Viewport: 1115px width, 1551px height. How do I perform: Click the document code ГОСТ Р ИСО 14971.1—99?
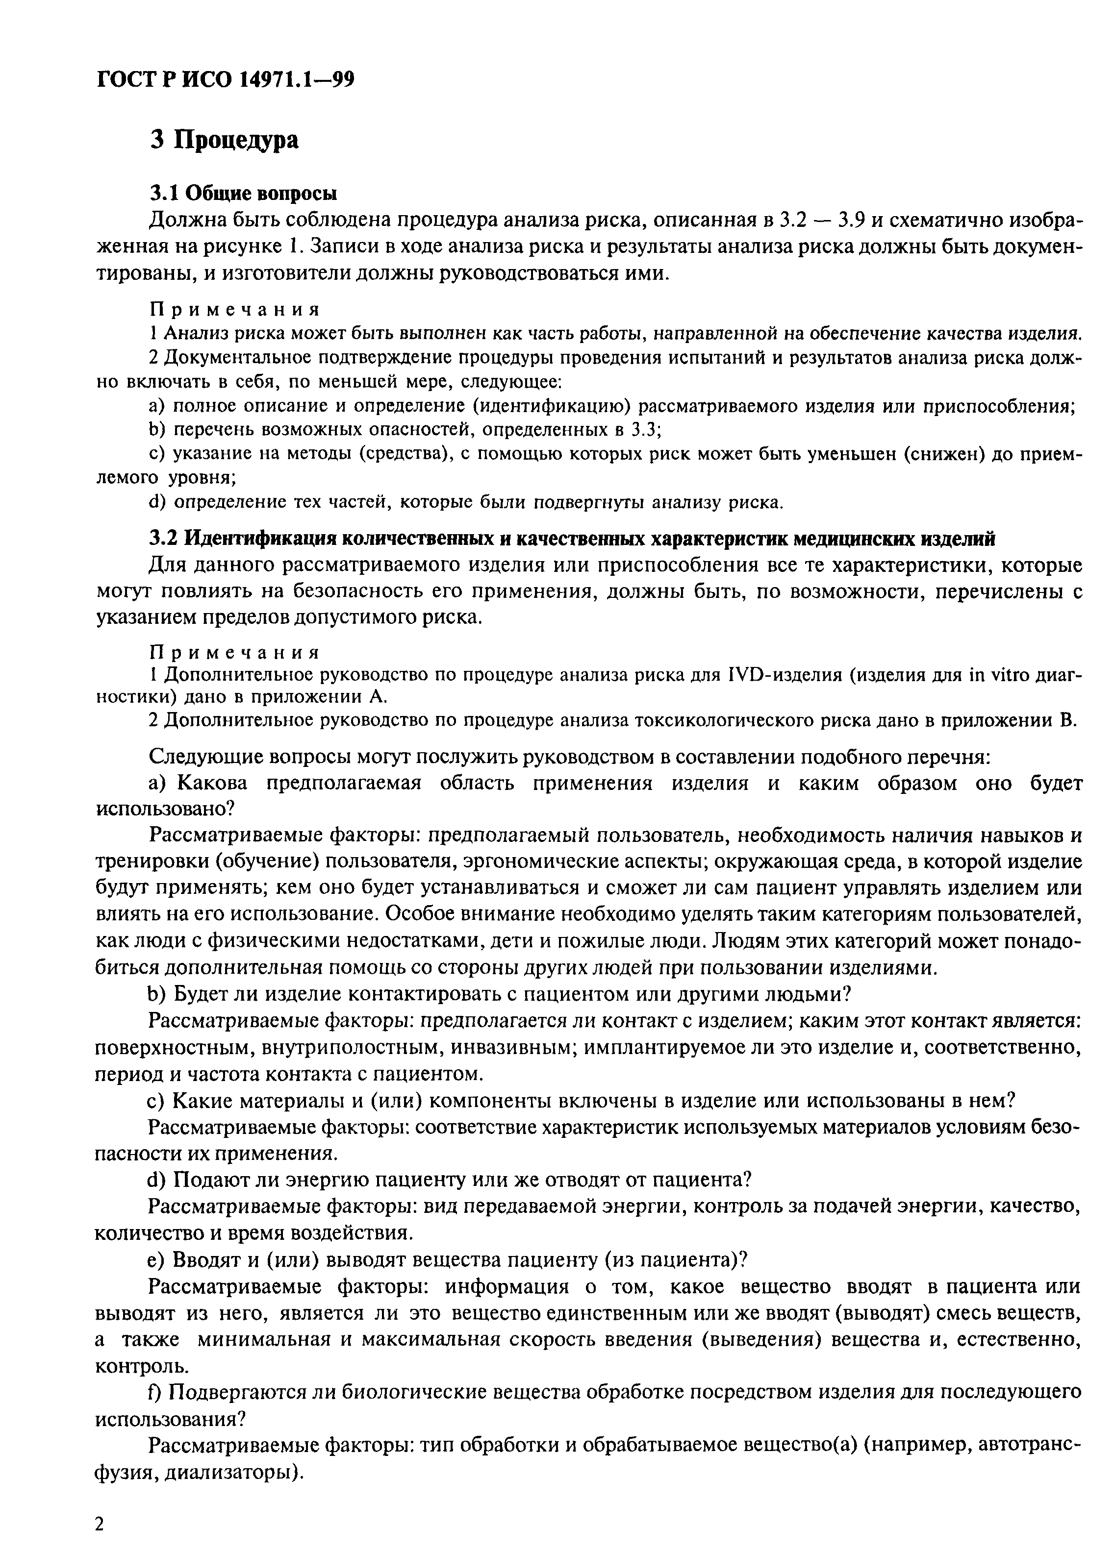226,81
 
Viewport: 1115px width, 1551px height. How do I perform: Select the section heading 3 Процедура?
225,140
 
